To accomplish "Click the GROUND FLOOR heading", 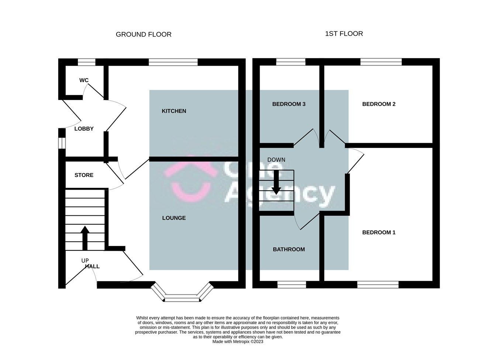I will (143, 34).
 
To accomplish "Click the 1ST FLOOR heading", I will (344, 34).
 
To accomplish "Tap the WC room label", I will (84, 80).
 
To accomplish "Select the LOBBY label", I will (84, 129).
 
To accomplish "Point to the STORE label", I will (84, 175).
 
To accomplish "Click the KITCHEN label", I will (174, 111).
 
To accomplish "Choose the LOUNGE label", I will (174, 218).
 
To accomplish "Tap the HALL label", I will (92, 266).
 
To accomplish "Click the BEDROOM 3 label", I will (288, 104).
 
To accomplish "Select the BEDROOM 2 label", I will (378, 104).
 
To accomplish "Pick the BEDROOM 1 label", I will (378, 232).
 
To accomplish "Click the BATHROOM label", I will (288, 249).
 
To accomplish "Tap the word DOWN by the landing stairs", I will (276, 160).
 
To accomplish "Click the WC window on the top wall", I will (86, 62).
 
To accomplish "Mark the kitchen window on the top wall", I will (173, 62).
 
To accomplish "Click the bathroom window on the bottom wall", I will (291, 284).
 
